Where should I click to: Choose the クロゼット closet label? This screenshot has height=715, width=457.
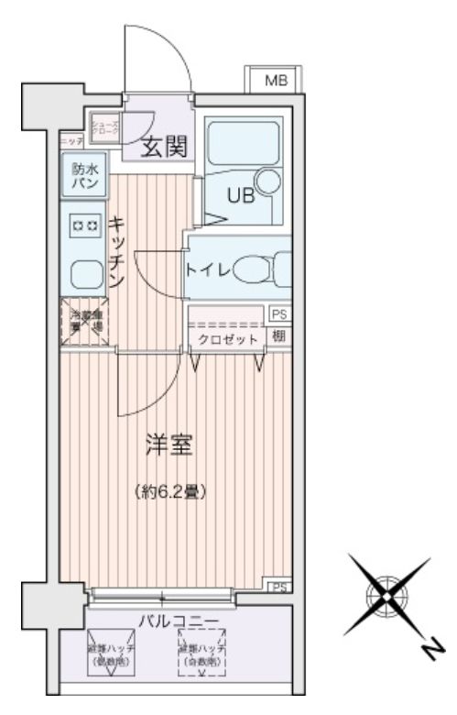click(228, 336)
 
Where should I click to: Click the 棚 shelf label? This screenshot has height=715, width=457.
click(278, 336)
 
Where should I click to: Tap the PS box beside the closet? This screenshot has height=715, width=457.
click(278, 314)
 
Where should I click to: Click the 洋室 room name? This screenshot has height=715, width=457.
click(171, 445)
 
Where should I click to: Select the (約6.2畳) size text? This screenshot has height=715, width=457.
click(170, 491)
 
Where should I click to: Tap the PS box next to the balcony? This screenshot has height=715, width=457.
click(278, 587)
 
